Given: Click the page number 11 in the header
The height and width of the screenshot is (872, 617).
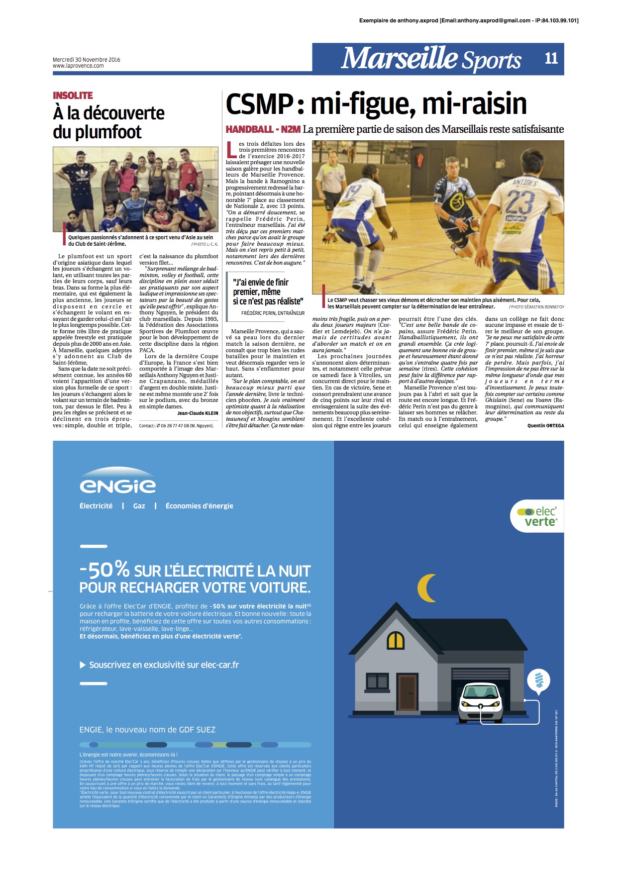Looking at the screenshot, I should point(551,59).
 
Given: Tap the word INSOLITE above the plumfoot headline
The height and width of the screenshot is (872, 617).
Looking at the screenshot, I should point(73,96).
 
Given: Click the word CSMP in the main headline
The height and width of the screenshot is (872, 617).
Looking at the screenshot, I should point(259,104).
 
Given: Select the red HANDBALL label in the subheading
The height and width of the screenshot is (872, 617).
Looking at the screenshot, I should point(249,129).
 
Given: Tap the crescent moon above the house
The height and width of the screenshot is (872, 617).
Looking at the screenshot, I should point(427,588).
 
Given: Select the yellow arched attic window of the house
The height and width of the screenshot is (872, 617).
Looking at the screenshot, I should point(396,640).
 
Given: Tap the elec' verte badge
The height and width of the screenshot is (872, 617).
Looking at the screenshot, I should point(537,516).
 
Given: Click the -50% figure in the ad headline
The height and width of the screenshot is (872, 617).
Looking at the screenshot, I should point(104,570).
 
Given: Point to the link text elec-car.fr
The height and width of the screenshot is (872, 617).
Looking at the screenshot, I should point(219,665).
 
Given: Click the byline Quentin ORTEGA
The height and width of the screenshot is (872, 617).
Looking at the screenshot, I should point(545,426).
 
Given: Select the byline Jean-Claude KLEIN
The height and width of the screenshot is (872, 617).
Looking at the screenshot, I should point(198,413).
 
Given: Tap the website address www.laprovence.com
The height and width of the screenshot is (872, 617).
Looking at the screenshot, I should point(78,66).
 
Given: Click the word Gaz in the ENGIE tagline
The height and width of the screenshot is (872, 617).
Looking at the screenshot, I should point(139,506).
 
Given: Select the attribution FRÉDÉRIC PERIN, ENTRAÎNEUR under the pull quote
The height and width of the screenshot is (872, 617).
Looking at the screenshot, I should point(273,313).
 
